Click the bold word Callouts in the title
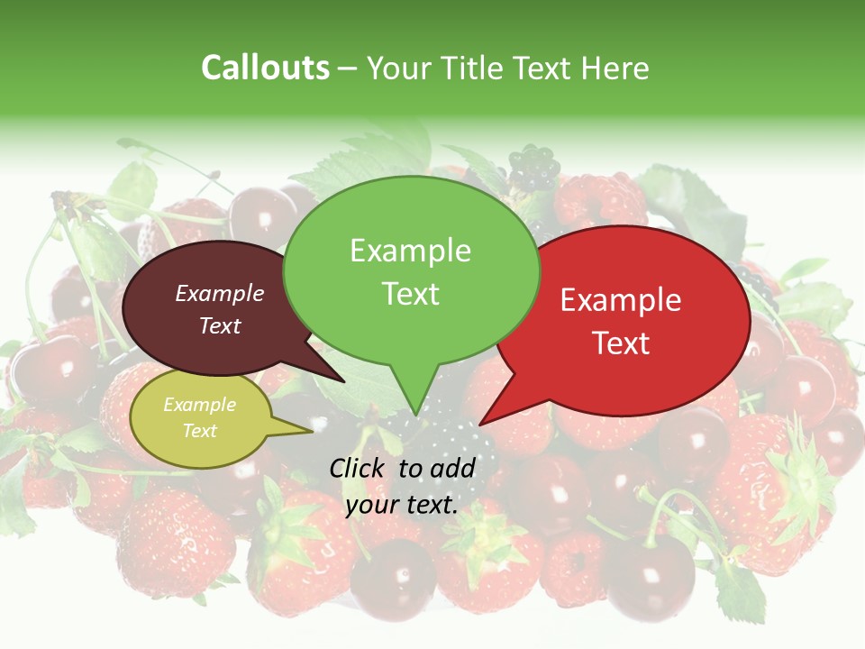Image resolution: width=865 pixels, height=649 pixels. click(x=265, y=68)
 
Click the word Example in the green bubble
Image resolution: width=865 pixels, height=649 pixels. click(x=410, y=251)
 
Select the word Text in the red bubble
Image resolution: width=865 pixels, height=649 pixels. click(x=621, y=343)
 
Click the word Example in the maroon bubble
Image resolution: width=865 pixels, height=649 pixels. click(x=220, y=293)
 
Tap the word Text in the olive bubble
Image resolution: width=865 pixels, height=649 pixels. click(x=199, y=431)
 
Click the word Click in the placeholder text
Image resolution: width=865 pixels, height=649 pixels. click(x=358, y=468)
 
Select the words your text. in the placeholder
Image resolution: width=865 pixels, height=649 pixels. click(x=402, y=505)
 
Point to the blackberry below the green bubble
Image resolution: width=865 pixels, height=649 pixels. click(x=451, y=442)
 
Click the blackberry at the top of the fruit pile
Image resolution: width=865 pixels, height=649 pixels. click(x=533, y=167)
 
